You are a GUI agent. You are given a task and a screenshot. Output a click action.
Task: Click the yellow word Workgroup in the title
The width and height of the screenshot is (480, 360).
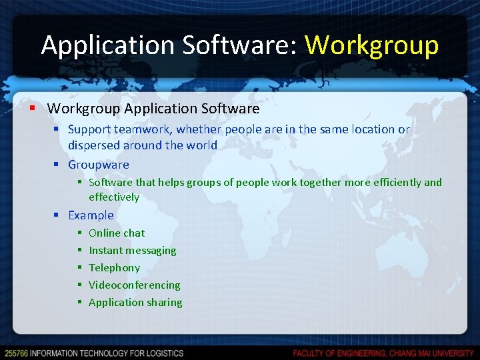click(x=371, y=45)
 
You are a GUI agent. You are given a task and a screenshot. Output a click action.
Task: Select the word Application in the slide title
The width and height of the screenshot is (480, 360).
click(x=106, y=45)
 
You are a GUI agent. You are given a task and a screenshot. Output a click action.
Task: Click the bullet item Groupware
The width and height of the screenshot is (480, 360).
click(x=99, y=165)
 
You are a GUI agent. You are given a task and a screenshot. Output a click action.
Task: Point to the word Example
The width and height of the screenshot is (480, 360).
click(x=91, y=215)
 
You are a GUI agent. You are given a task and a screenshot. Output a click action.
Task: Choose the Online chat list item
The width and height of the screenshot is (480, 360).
click(x=117, y=233)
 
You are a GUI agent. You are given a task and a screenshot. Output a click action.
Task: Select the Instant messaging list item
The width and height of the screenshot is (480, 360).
click(x=133, y=251)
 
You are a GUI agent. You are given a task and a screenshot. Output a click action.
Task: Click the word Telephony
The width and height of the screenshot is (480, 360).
click(x=114, y=268)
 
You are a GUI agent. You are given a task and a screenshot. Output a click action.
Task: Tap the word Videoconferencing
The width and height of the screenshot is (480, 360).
click(x=135, y=285)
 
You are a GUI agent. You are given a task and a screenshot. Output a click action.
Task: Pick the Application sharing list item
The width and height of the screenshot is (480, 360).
click(x=135, y=303)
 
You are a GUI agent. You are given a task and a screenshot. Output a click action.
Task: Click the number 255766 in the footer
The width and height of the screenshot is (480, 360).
click(x=15, y=353)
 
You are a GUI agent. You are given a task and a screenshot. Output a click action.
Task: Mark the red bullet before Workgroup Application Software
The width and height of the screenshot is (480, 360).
click(x=32, y=108)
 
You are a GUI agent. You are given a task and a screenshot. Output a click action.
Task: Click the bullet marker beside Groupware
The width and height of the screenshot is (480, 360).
click(x=57, y=165)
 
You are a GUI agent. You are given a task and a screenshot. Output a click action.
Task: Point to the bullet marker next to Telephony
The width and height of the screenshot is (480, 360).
click(x=79, y=268)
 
